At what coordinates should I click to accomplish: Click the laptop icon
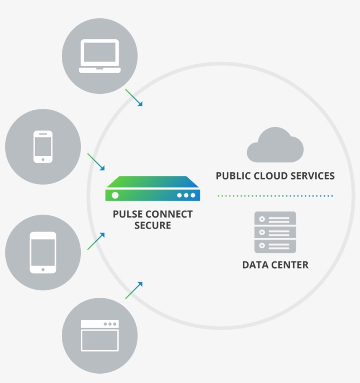click(x=100, y=56)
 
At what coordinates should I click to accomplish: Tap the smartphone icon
click(x=43, y=147)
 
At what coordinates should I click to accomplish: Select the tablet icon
click(x=43, y=252)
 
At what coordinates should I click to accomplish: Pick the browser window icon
click(x=100, y=336)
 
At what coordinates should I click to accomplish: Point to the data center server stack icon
click(x=275, y=232)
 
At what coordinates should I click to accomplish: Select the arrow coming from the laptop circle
click(x=134, y=97)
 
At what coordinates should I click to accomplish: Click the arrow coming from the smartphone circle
click(x=96, y=162)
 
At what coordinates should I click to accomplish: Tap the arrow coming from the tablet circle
click(x=96, y=241)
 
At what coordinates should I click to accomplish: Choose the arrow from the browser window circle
click(x=134, y=290)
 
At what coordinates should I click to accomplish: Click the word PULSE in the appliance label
click(x=128, y=214)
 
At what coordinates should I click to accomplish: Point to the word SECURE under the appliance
click(x=153, y=226)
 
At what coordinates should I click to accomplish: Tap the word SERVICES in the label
click(x=313, y=176)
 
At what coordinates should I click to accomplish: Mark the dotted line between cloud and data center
click(x=275, y=196)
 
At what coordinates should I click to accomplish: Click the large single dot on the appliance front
click(x=115, y=195)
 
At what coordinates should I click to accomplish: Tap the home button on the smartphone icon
click(x=43, y=160)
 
